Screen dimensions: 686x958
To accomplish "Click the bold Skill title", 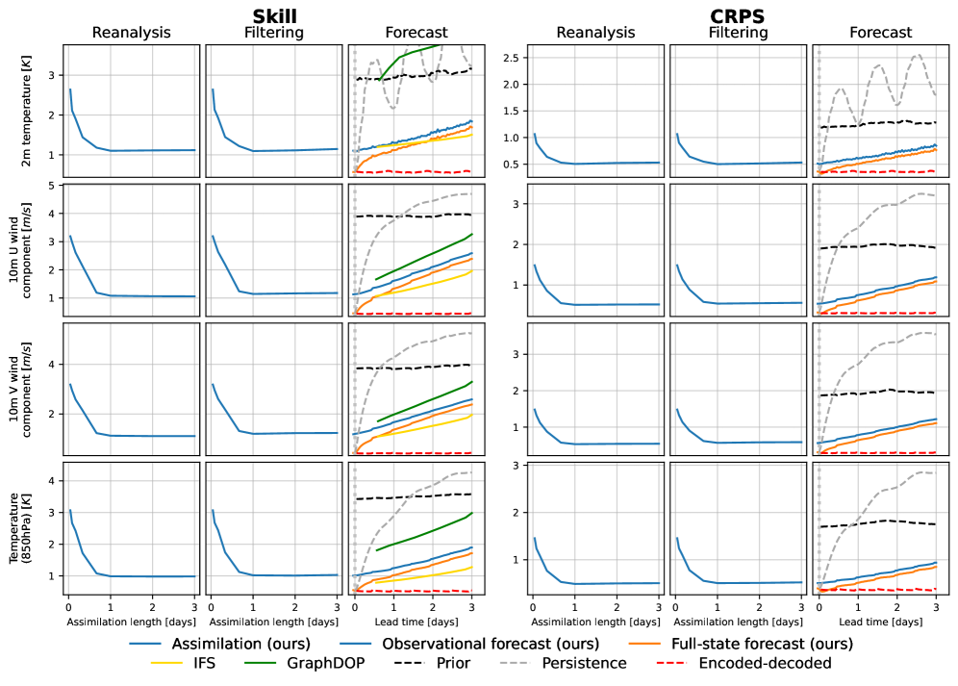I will pyautogui.click(x=276, y=16).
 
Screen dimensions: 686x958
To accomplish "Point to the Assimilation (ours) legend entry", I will pyautogui.click(x=231, y=643).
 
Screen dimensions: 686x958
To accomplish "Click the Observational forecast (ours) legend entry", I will pyautogui.click(x=490, y=643).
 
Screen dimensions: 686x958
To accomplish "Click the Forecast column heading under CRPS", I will pyautogui.click(x=879, y=33).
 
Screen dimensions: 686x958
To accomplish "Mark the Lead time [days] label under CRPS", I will pyautogui.click(x=880, y=622).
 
